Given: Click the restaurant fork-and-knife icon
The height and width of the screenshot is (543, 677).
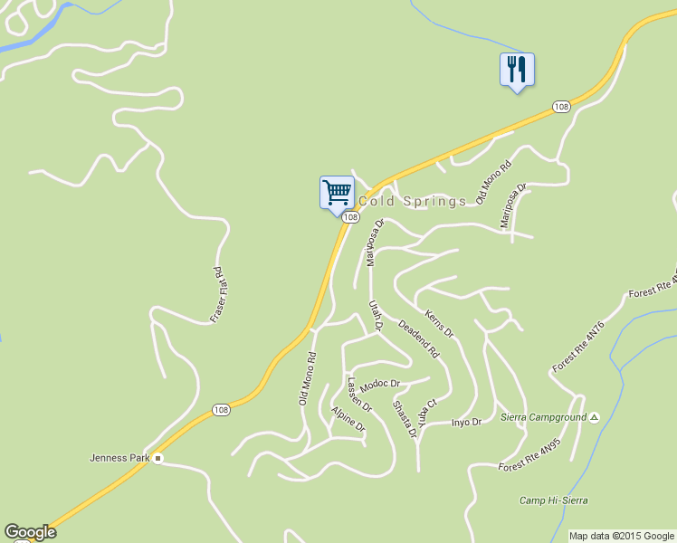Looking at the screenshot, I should click(x=517, y=69).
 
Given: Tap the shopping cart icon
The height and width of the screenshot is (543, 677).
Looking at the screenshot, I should click(x=337, y=192).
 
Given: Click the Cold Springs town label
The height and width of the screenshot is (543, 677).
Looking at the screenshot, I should click(x=413, y=201).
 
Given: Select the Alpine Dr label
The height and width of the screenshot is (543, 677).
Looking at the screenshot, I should click(x=348, y=418).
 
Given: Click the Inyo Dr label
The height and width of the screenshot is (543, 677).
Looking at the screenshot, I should click(x=466, y=422).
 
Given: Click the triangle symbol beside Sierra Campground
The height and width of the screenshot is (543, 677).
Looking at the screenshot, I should click(x=594, y=417).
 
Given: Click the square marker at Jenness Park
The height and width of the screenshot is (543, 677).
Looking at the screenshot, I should click(x=157, y=458).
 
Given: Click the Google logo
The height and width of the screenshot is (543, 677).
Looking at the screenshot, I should click(x=30, y=532).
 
